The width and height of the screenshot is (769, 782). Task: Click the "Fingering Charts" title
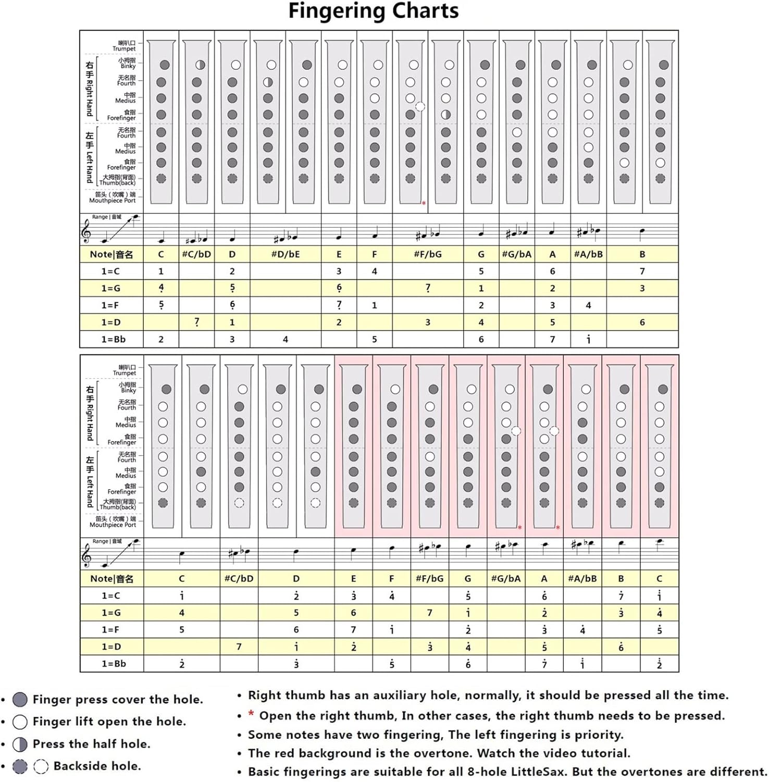click(x=374, y=11)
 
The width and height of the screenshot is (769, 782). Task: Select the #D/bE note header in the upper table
click(x=286, y=254)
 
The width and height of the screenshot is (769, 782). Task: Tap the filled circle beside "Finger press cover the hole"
click(x=20, y=700)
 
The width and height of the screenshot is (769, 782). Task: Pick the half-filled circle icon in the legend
click(x=20, y=744)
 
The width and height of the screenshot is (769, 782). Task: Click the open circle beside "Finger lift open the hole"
click(x=20, y=722)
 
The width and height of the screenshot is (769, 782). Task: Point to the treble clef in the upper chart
click(x=86, y=230)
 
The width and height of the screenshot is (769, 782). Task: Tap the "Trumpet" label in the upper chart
click(x=124, y=48)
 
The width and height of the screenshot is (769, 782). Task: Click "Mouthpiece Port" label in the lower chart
click(x=113, y=525)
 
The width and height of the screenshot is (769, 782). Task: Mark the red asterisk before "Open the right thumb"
click(x=251, y=714)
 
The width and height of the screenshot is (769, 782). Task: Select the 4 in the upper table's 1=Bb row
click(x=286, y=339)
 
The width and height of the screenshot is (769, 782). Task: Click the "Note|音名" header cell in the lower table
click(x=111, y=579)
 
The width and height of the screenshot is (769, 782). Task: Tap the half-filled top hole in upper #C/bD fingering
click(x=200, y=65)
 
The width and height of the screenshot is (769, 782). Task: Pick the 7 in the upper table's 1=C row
click(x=642, y=272)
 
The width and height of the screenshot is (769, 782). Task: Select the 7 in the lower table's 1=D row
click(x=239, y=647)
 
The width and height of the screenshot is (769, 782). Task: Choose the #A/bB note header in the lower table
click(x=582, y=579)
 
